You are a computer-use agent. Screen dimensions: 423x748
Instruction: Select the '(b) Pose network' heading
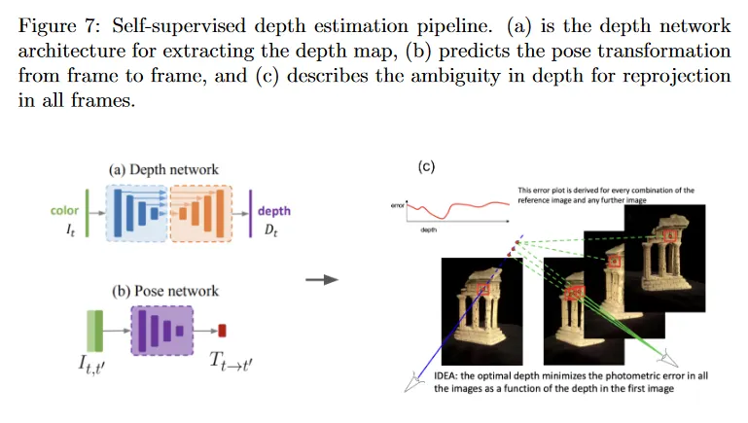163,291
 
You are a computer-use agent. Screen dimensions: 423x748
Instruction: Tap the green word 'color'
64,210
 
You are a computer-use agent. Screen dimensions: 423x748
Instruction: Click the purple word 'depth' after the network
273,211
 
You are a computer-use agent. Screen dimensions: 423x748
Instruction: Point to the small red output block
221,331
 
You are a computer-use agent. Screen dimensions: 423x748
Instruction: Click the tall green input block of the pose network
95,331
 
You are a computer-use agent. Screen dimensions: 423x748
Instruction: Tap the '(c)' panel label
426,166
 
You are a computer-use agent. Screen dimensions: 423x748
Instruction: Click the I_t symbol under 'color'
67,229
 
